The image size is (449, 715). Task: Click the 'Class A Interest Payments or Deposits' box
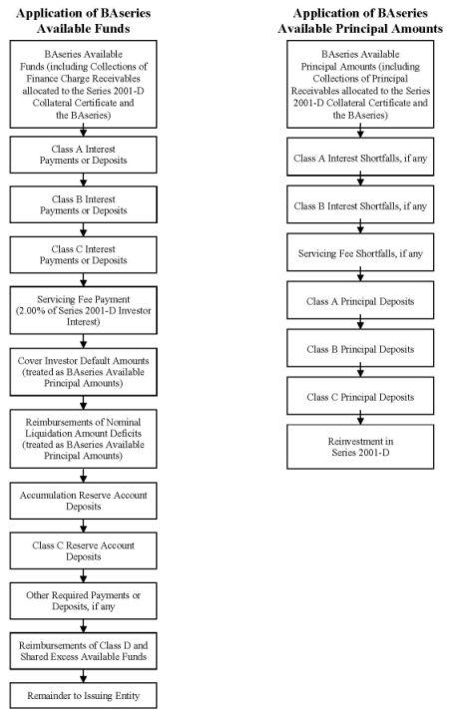coord(83,155)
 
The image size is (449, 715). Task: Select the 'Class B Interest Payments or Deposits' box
coord(83,204)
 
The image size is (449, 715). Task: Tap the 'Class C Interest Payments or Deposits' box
coord(83,254)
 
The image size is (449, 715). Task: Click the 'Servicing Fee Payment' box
coord(83,310)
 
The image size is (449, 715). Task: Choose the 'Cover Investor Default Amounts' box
coord(83,372)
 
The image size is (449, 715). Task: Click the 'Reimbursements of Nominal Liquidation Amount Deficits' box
coord(83,439)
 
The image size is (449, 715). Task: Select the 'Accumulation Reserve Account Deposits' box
coord(83,501)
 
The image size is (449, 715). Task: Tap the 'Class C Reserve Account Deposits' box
coord(83,550)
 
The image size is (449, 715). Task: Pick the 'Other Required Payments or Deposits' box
coord(83,600)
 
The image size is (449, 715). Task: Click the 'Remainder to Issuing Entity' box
coord(83,696)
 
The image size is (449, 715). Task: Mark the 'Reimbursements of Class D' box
coord(83,651)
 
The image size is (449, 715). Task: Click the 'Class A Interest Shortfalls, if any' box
coord(360,159)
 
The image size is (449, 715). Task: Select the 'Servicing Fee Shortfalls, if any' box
coord(360,253)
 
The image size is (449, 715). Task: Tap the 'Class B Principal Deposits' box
coord(360,349)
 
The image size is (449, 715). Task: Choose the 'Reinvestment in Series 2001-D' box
coord(360,447)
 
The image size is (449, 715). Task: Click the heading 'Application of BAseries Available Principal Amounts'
coord(360,21)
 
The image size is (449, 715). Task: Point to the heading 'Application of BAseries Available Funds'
coord(83,21)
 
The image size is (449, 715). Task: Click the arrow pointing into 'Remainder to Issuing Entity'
coord(83,676)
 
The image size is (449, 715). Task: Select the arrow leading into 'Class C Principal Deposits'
coord(360,372)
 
